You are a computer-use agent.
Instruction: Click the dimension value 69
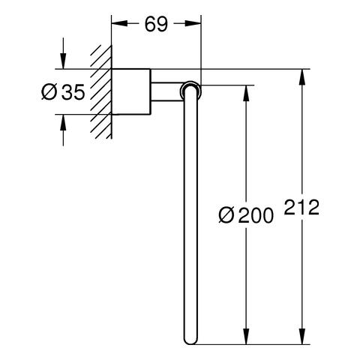156,25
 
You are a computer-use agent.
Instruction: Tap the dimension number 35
73,92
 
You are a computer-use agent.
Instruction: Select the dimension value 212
301,207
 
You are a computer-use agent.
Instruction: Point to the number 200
256,215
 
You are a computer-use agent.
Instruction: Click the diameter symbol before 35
49,92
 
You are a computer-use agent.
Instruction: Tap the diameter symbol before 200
226,215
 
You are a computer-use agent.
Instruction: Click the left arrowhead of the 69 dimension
119,23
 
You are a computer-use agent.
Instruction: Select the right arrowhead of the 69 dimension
193,23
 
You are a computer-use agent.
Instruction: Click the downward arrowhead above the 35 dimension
63,61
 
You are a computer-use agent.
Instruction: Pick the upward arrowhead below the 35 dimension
63,122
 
